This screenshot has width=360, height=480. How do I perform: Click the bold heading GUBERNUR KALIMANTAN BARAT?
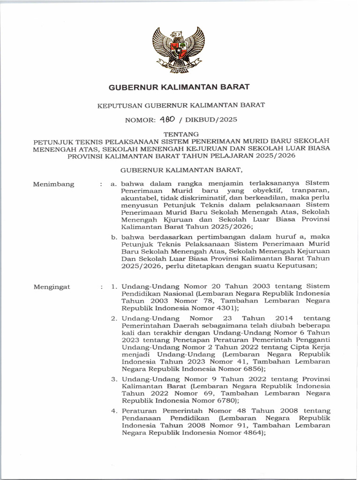pyautogui.click(x=179, y=87)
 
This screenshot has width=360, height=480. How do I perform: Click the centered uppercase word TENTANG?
pyautogui.click(x=180, y=134)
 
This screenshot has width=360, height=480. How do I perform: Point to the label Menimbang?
pyautogui.click(x=53, y=184)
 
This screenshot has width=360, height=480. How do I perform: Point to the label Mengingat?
pyautogui.click(x=52, y=286)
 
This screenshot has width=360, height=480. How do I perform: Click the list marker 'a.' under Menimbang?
pyautogui.click(x=113, y=184)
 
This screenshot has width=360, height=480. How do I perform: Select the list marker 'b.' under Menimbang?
pyautogui.click(x=114, y=237)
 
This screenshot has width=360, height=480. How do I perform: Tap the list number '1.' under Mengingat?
pyautogui.click(x=114, y=286)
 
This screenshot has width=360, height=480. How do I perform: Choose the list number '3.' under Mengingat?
pyautogui.click(x=114, y=379)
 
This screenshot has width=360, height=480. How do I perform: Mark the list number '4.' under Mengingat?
pyautogui.click(x=114, y=411)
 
